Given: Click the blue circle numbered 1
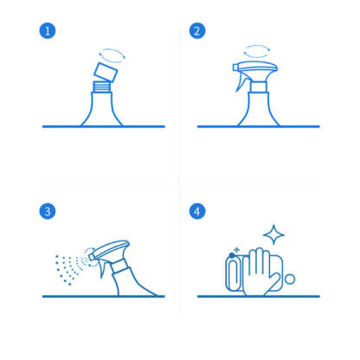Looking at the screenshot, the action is [x=48, y=31].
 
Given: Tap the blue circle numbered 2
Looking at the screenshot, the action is [x=197, y=31].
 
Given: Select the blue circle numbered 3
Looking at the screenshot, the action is [x=48, y=211].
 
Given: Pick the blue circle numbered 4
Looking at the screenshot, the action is [x=197, y=211].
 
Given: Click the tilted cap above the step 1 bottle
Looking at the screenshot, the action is [x=106, y=72].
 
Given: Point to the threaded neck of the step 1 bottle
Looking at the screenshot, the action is [x=101, y=87].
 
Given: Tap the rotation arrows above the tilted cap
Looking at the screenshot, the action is [x=112, y=55].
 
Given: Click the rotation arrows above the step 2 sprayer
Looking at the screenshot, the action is [x=256, y=51].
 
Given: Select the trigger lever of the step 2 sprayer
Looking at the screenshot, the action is [x=241, y=83].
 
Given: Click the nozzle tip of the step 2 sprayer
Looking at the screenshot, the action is [x=235, y=67].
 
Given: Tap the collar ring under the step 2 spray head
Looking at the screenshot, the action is [x=259, y=87].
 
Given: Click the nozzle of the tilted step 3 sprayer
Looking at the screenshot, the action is [x=92, y=257].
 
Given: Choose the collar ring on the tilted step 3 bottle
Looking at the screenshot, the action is [x=119, y=267].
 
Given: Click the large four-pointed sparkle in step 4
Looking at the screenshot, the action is [x=273, y=235].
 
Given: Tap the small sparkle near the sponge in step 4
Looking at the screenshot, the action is [x=236, y=250].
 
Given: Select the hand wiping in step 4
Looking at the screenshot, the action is [x=259, y=273].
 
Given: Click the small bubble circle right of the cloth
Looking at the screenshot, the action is [x=290, y=280].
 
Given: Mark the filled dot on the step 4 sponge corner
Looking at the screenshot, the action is [x=232, y=255].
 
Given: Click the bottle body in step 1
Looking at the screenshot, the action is [x=101, y=110].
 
